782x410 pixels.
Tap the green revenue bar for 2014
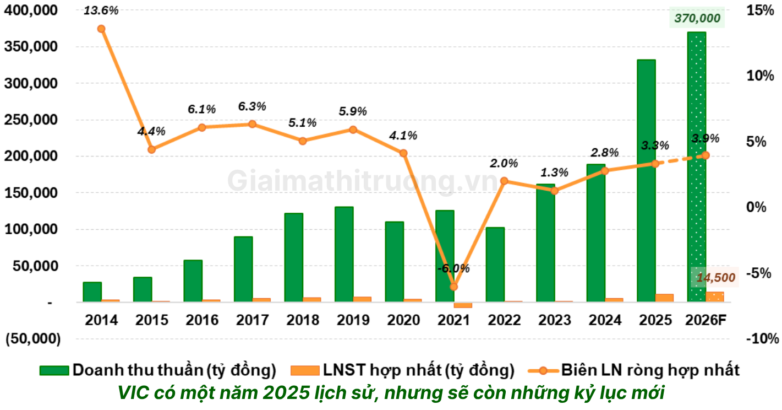pos(92,292)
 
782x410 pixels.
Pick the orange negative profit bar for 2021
pos(463,305)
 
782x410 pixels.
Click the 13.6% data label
pos(101,9)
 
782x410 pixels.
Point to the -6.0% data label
pos(453,269)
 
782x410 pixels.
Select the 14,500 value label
pos(715,278)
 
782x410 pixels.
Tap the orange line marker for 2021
pos(453,287)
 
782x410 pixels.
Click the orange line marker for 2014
pos(101,29)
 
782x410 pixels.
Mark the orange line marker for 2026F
pos(706,155)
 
